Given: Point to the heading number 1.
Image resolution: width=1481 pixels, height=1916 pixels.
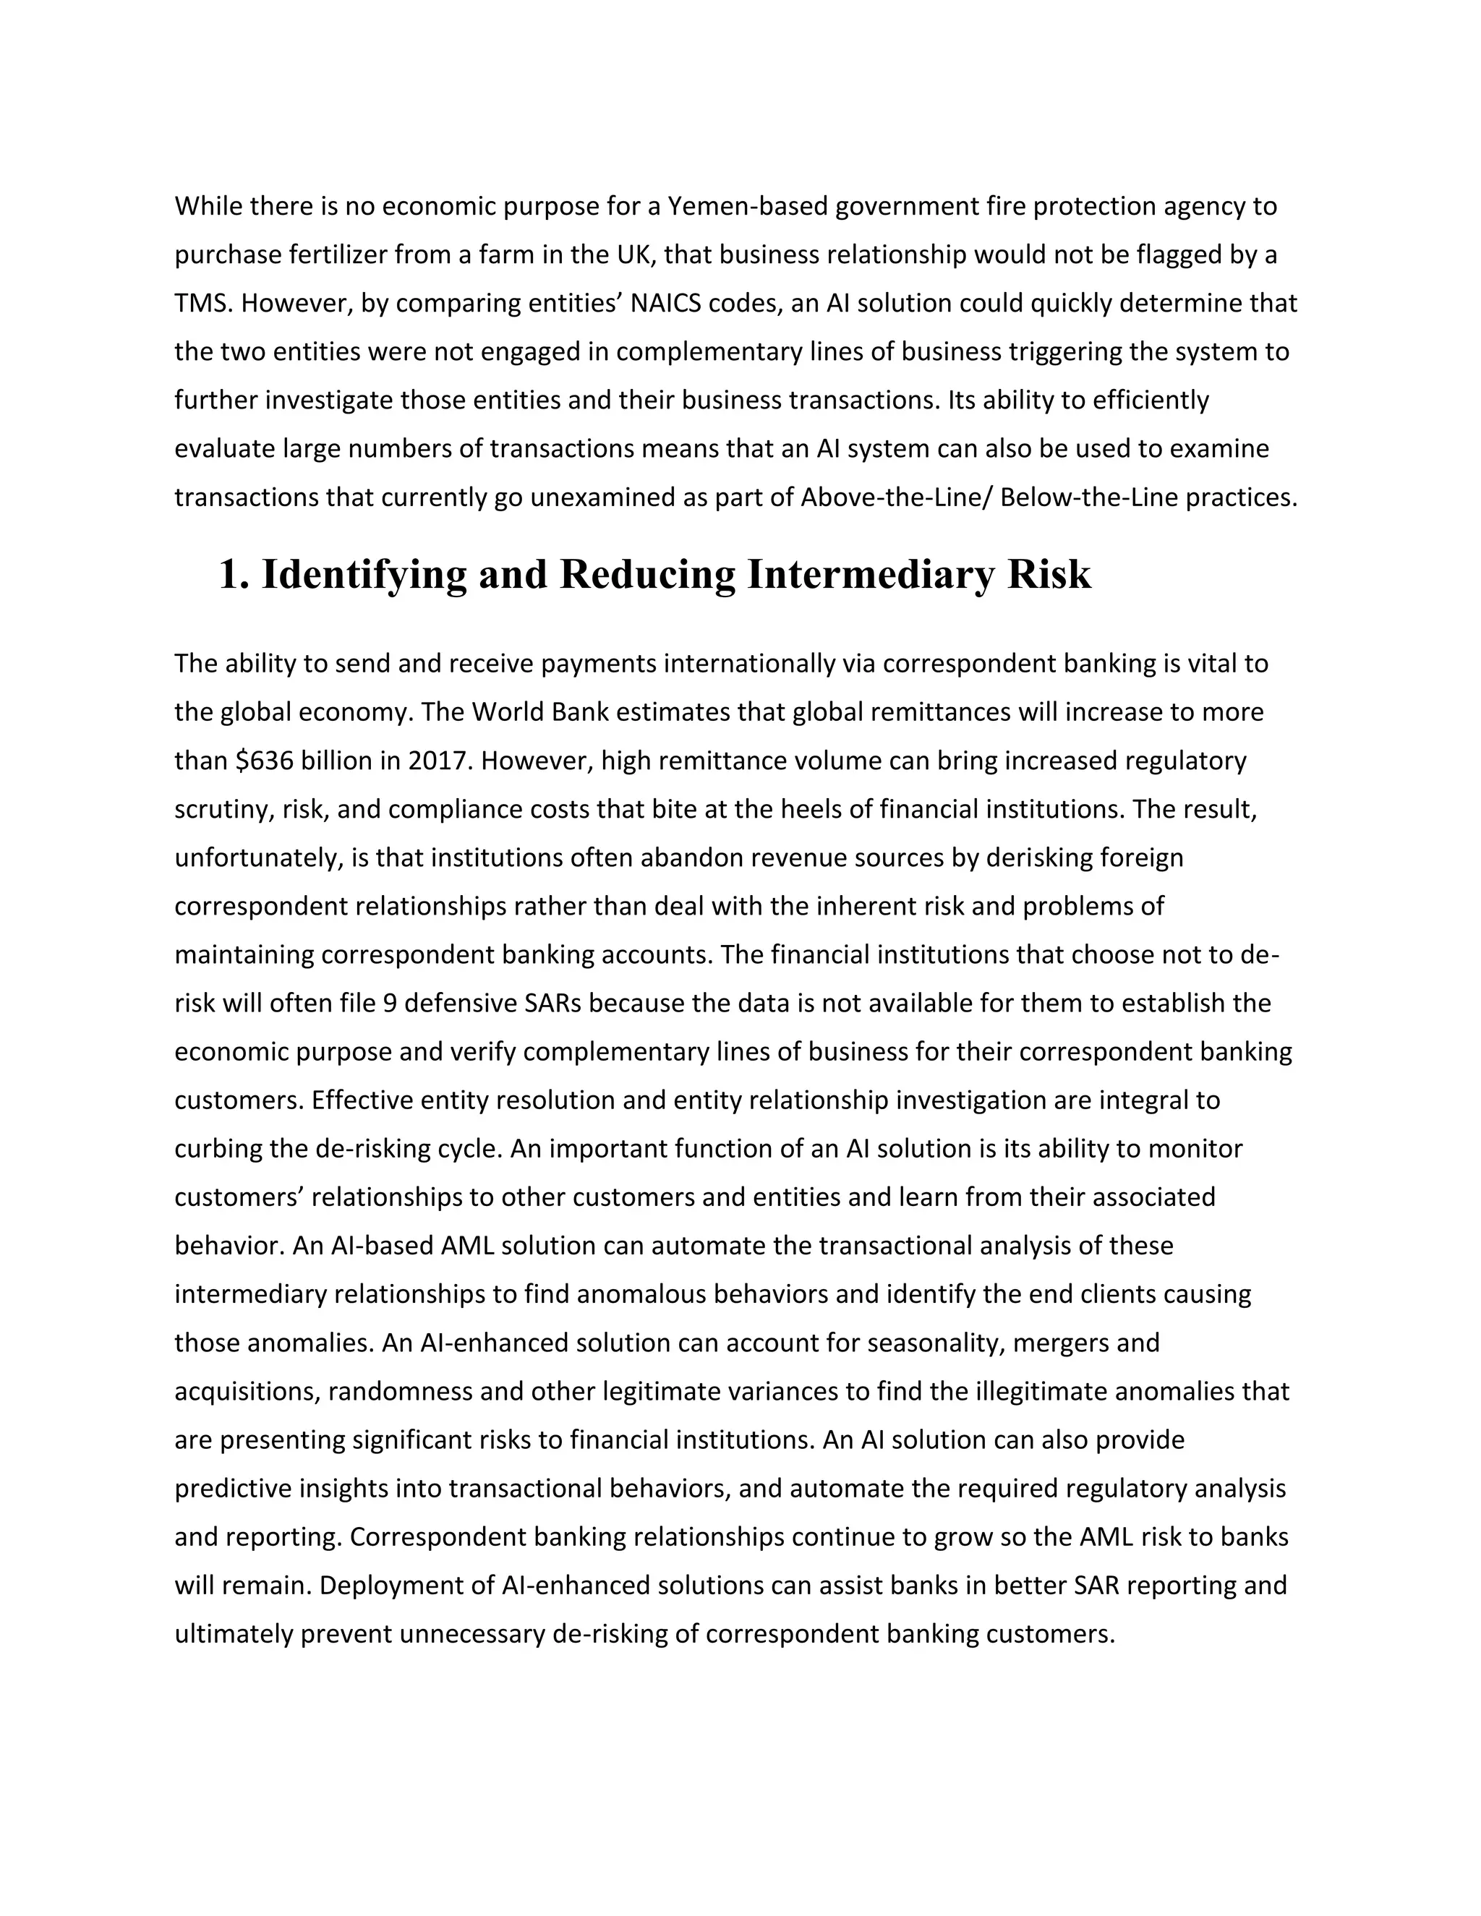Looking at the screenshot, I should (x=230, y=575).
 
